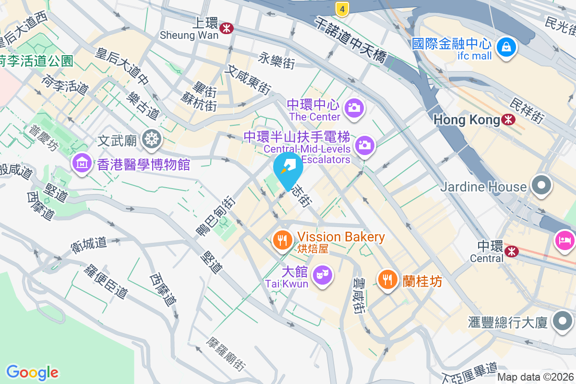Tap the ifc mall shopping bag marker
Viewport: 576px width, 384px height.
[506, 47]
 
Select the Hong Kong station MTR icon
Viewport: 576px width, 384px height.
[508, 120]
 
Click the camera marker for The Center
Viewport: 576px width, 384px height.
[355, 107]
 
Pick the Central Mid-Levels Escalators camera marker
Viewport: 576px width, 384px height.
[365, 144]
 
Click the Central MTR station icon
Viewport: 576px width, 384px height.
[512, 250]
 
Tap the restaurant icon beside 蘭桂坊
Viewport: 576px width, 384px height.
[387, 278]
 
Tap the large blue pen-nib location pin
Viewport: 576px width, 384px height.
[288, 168]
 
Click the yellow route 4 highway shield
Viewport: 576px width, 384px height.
[342, 8]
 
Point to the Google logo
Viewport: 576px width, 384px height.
[32, 372]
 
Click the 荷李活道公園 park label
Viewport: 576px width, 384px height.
[36, 61]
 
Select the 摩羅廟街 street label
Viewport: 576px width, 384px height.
[226, 354]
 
